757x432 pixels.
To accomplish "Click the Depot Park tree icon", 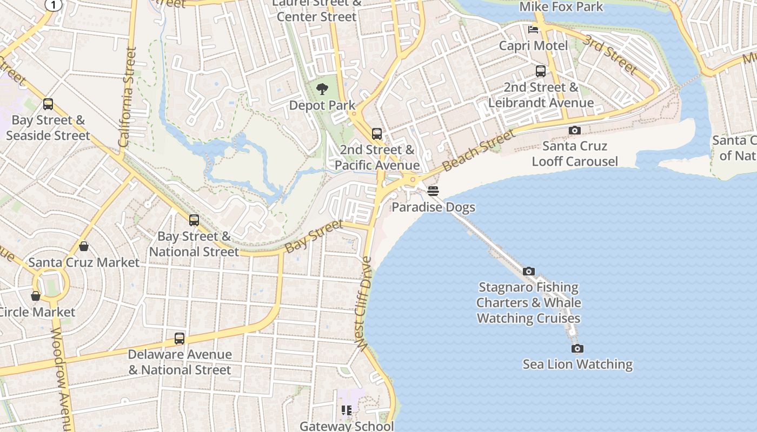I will click(x=322, y=89).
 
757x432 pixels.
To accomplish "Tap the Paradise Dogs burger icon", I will click(x=433, y=191).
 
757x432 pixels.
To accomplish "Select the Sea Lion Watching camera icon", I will click(x=577, y=349).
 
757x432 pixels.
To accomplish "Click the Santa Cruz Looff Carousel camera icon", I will click(x=575, y=130).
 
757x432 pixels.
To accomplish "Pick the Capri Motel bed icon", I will click(x=533, y=29).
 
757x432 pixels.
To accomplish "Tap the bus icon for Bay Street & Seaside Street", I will click(x=48, y=104).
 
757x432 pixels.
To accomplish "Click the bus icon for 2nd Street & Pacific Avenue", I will click(x=377, y=134).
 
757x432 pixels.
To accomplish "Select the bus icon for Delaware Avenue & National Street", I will click(x=180, y=339).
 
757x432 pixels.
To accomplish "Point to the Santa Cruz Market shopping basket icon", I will click(x=84, y=247).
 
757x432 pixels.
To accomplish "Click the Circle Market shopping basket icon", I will click(x=36, y=296).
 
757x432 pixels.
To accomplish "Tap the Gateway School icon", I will click(x=346, y=411).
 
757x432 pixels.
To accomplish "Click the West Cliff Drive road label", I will click(x=363, y=302).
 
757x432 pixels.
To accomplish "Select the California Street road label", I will click(x=127, y=97).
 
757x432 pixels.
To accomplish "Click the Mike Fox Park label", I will click(x=561, y=6).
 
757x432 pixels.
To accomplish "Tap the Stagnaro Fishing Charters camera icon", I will click(x=529, y=272).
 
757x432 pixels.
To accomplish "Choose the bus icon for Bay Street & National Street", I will click(x=194, y=220).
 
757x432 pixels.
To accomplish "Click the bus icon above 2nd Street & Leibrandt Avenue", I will click(x=540, y=71).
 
